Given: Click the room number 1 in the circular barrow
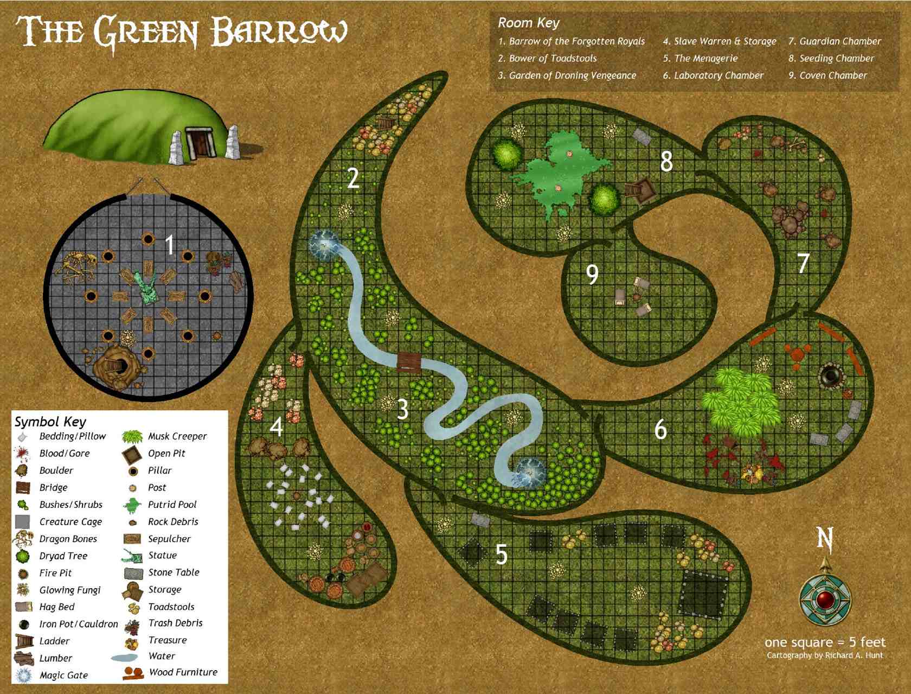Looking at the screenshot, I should point(170,245).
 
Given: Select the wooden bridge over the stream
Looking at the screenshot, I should point(409,362).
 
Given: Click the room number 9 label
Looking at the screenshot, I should point(592,274).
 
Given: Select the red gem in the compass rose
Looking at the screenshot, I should point(826,600).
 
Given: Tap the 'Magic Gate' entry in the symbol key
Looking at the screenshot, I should point(63,675).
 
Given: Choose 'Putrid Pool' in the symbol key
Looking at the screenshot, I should point(172,505).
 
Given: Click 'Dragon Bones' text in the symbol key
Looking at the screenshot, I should point(68,539).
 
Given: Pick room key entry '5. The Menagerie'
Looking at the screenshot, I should point(700,58).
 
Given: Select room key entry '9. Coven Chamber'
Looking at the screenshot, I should point(827,75).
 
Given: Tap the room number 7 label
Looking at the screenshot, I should point(803,263).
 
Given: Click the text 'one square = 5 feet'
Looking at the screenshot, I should point(824,642).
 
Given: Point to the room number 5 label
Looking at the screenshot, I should point(502,555).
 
